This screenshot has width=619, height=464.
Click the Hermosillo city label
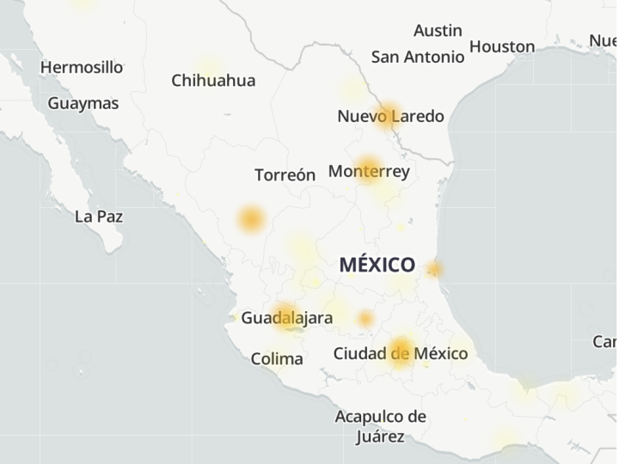[82, 67]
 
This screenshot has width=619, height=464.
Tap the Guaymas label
[83, 103]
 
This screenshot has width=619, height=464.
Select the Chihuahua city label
[213, 81]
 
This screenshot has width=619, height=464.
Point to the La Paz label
[98, 217]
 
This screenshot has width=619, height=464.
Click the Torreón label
[285, 175]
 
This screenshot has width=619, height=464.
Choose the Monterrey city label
[369, 171]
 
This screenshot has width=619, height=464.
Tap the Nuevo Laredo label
[390, 116]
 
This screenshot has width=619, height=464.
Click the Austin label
[438, 31]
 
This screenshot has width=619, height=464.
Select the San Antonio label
[418, 57]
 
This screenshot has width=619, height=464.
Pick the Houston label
[502, 46]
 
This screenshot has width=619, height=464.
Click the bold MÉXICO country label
[377, 265]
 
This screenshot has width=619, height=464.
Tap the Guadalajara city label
[286, 318]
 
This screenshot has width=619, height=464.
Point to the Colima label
[277, 359]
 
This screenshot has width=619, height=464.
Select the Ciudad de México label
[401, 353]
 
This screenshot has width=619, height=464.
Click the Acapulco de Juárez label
[380, 426]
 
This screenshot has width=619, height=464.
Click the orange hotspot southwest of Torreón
[251, 219]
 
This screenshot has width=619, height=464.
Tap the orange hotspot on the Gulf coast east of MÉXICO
[434, 270]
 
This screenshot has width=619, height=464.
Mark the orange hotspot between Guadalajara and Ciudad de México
[366, 319]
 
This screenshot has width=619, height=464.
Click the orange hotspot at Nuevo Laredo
[389, 114]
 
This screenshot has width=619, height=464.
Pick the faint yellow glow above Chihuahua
[209, 64]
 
